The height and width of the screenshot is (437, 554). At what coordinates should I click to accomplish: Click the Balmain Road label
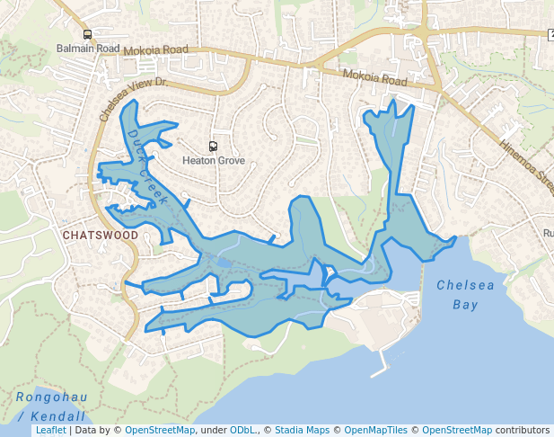pyautogui.click(x=87, y=48)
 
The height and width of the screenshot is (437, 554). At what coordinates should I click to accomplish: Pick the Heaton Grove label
pyautogui.click(x=213, y=161)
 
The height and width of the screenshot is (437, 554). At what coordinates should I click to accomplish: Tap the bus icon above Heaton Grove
pyautogui.click(x=213, y=147)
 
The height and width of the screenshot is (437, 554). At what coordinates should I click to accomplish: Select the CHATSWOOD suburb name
pyautogui.click(x=101, y=236)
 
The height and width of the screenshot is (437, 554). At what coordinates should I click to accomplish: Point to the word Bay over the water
pyautogui.click(x=465, y=305)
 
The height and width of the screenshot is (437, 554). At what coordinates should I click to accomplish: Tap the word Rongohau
pyautogui.click(x=52, y=397)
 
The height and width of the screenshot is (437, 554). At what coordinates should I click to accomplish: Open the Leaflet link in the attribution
pyautogui.click(x=50, y=431)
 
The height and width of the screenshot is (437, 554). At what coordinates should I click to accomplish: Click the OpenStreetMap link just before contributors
pyautogui.click(x=456, y=431)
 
